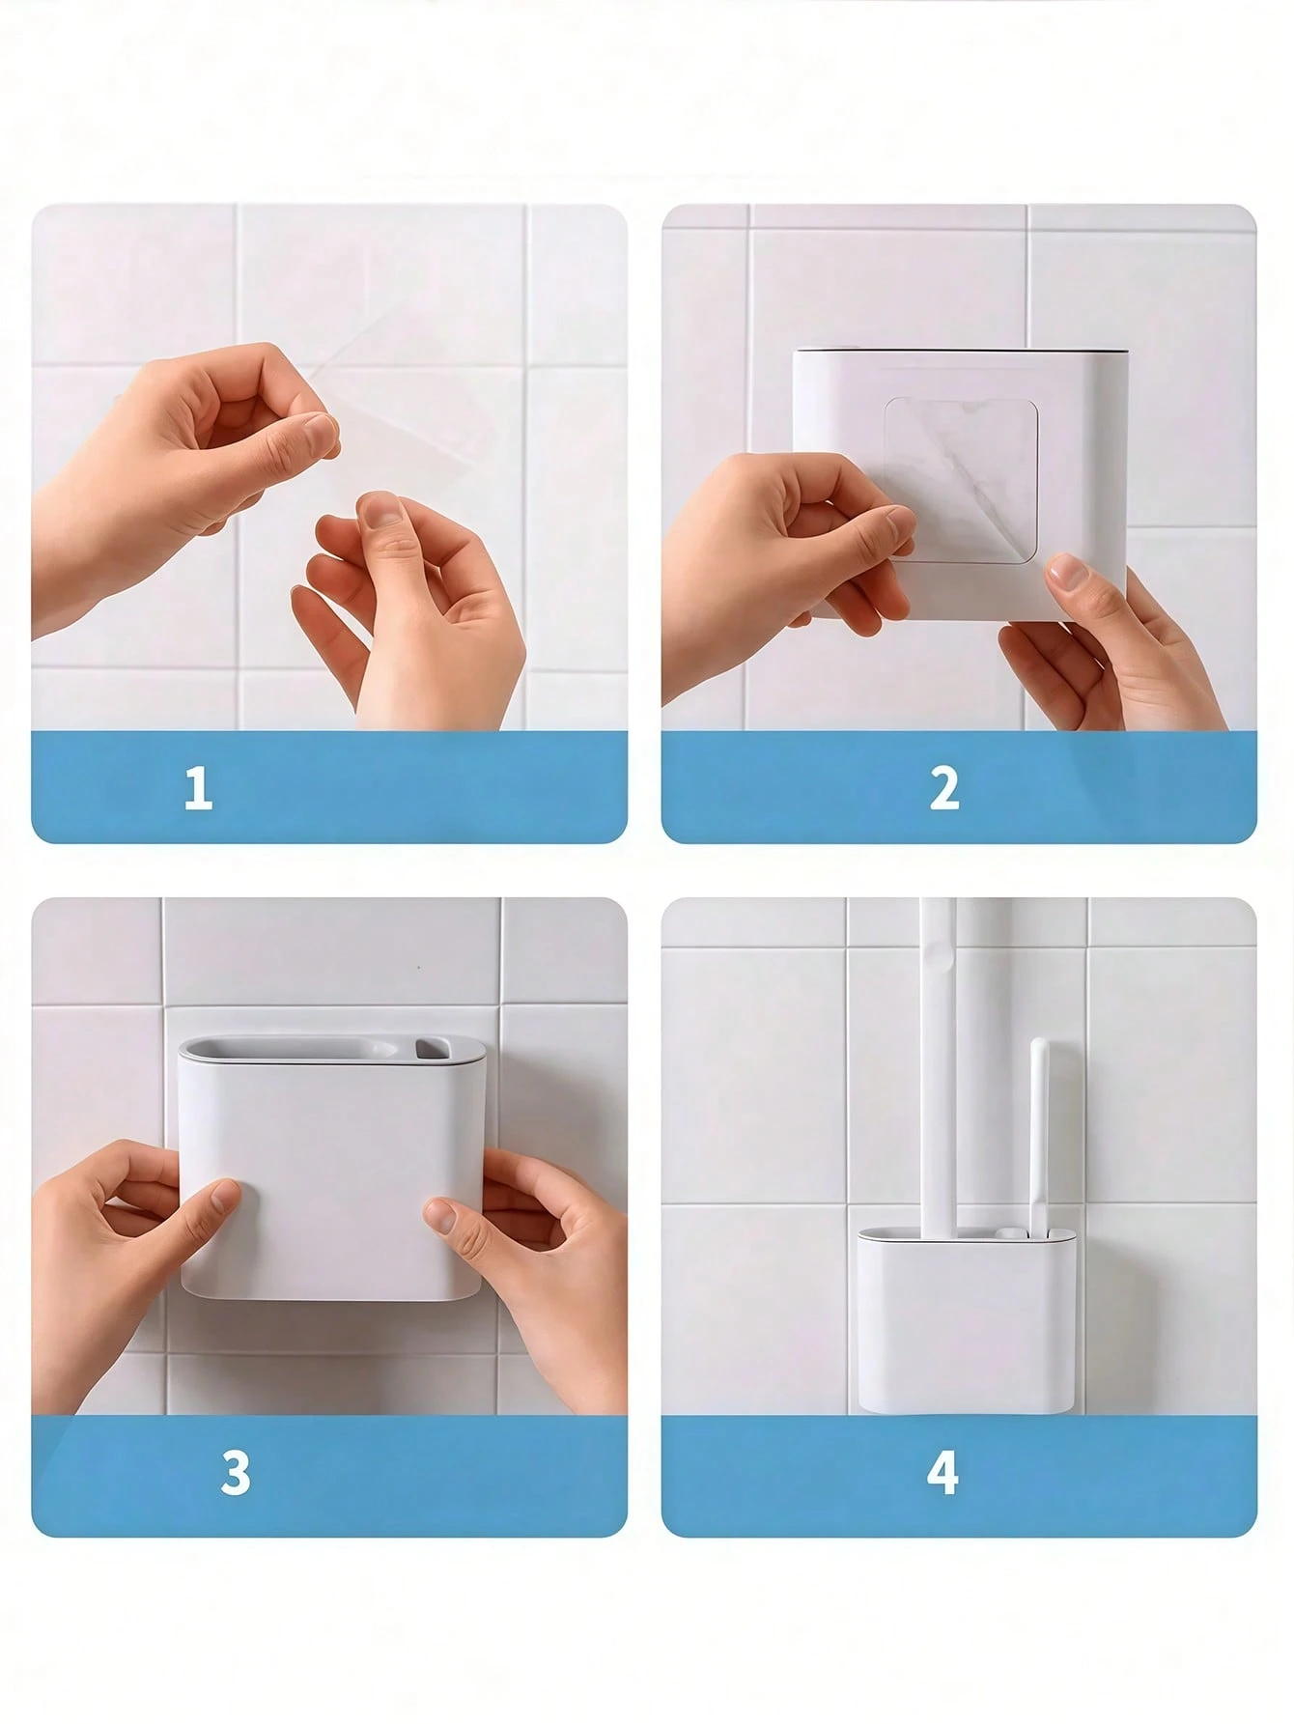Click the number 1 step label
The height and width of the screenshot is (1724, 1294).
(198, 789)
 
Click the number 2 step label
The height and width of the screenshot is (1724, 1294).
(944, 788)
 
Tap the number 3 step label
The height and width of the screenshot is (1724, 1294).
(235, 1474)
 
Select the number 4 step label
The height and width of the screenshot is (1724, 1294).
(942, 1474)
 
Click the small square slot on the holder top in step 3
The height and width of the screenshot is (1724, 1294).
(431, 1045)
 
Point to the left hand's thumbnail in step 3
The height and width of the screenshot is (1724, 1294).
(224, 1197)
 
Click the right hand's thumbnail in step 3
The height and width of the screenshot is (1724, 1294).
(439, 1215)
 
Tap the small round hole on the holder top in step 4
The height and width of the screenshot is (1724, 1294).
(1010, 1233)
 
